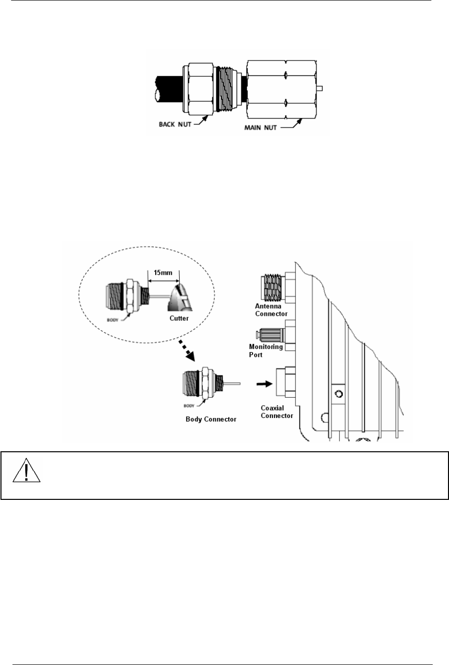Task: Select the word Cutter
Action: point(179,318)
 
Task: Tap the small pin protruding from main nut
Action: point(320,88)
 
